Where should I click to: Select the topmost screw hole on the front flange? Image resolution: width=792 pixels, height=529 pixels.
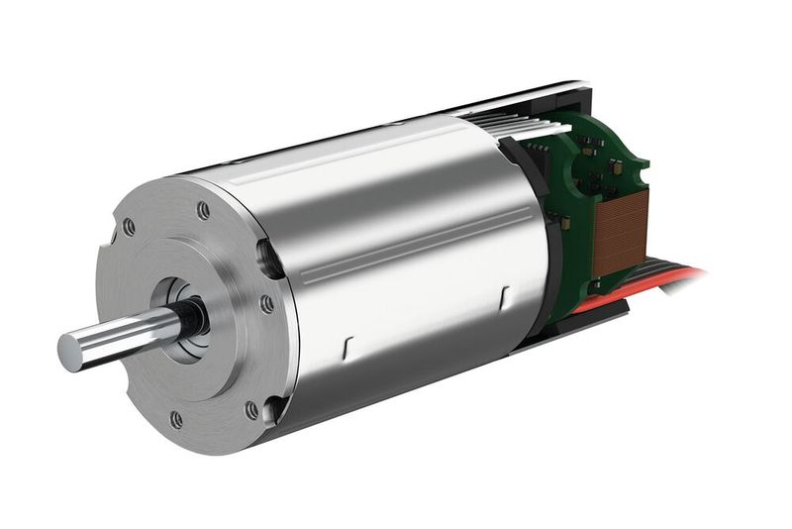pos(203,210)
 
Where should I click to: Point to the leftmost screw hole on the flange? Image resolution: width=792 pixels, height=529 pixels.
pos(129,227)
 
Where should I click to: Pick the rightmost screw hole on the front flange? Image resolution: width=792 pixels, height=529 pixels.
pos(266,304)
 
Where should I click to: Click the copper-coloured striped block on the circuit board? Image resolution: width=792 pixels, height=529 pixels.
pos(620,232)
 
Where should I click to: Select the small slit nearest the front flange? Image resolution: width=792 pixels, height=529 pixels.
pos(346,346)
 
